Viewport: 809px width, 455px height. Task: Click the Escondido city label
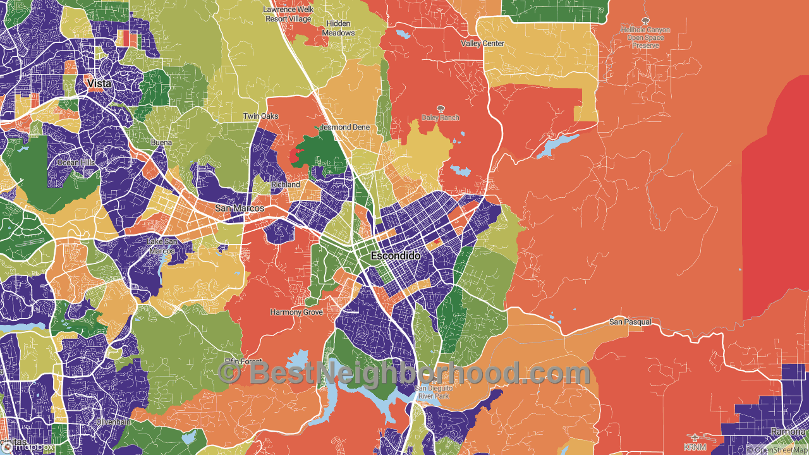click(x=395, y=256)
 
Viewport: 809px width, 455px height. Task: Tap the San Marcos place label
click(x=240, y=208)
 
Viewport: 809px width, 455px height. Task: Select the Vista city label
click(x=99, y=83)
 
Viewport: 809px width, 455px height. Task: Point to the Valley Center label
click(x=482, y=44)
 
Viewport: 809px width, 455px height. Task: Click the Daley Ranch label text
click(x=441, y=118)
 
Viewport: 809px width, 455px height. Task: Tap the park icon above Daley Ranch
click(x=441, y=109)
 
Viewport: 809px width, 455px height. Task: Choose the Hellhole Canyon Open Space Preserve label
click(x=645, y=37)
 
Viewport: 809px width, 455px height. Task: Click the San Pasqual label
click(x=630, y=322)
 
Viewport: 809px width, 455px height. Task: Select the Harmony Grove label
click(x=296, y=312)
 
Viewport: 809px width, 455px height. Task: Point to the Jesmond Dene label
click(x=344, y=127)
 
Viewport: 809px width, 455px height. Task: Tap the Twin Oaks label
click(x=261, y=116)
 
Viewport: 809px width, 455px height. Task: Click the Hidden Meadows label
click(x=339, y=28)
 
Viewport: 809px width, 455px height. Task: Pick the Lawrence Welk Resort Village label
click(x=288, y=15)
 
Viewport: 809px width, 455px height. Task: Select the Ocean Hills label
click(x=76, y=162)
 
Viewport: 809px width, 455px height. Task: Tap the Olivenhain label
click(x=113, y=422)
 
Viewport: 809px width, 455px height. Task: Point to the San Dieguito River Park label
click(x=433, y=392)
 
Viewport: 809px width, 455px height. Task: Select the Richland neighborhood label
click(x=286, y=185)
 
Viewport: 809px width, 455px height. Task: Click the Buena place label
click(x=161, y=143)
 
